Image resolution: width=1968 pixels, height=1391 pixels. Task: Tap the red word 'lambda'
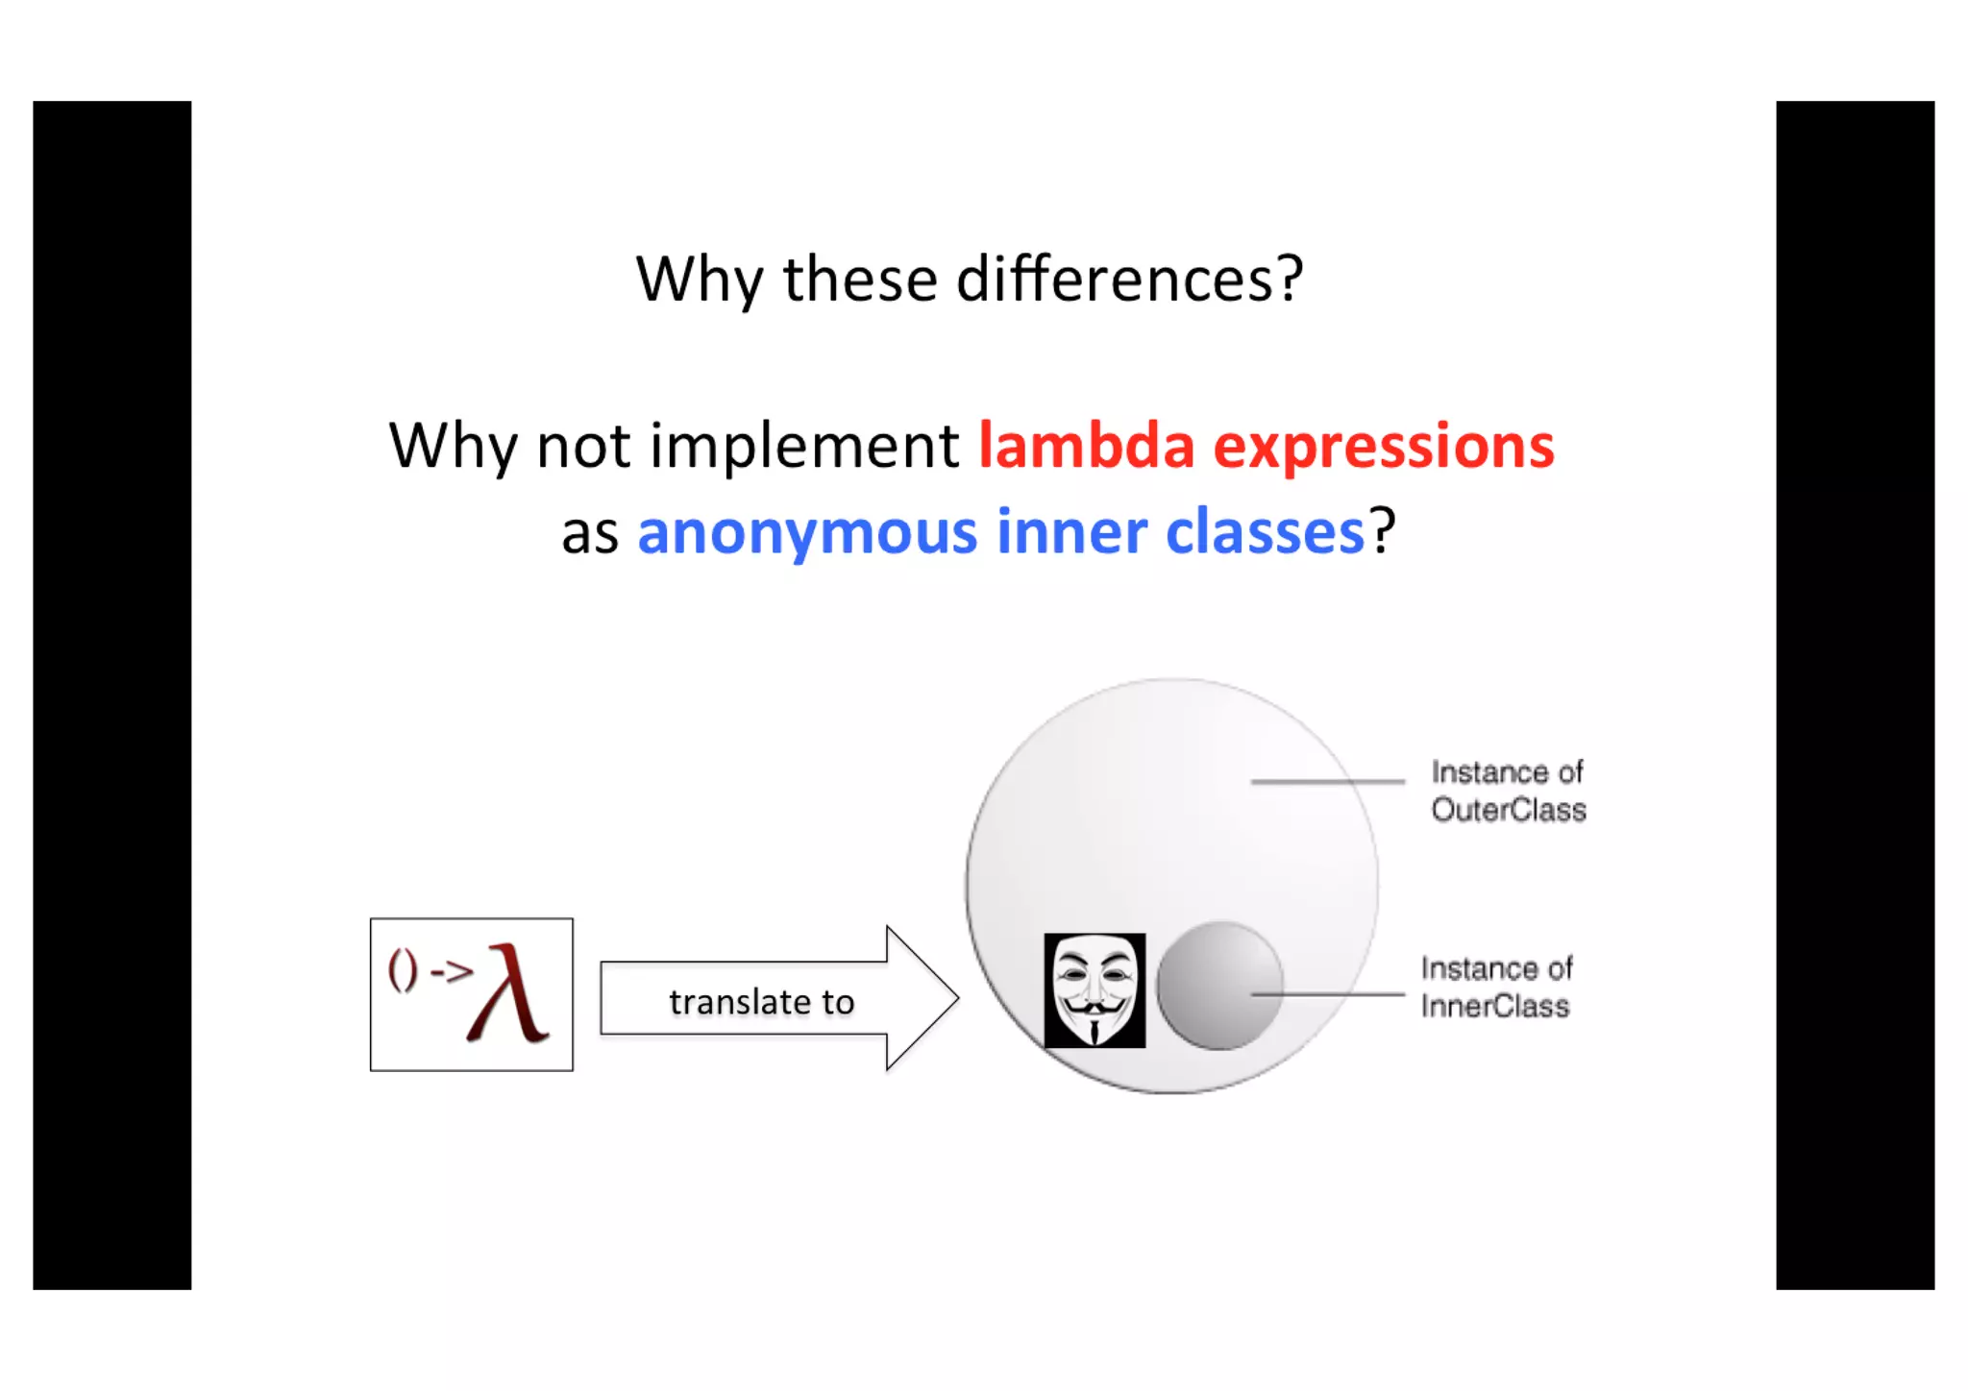coord(1086,446)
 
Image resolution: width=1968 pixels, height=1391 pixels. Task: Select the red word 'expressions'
coord(1384,448)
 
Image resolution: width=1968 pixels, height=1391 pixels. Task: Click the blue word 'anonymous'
coord(807,532)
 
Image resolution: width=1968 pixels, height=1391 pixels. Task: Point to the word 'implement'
coord(804,447)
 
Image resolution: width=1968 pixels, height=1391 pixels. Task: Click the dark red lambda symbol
coord(509,994)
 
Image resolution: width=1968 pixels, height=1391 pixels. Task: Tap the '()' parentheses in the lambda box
coord(403,970)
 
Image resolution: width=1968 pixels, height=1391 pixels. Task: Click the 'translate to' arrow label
coord(761,1002)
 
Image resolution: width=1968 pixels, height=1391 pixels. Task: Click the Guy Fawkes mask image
coord(1095,990)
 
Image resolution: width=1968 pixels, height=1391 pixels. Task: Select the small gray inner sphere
coord(1218,986)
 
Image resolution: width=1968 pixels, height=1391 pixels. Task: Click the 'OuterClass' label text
coord(1508,810)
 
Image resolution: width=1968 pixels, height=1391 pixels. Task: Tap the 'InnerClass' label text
coord(1495,1006)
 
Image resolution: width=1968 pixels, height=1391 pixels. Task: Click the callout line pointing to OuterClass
coord(1327,782)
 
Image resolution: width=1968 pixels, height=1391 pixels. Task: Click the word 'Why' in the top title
coord(699,280)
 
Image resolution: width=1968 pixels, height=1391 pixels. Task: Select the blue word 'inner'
coord(1071,531)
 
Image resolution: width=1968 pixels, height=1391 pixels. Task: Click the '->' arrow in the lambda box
coord(452,972)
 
